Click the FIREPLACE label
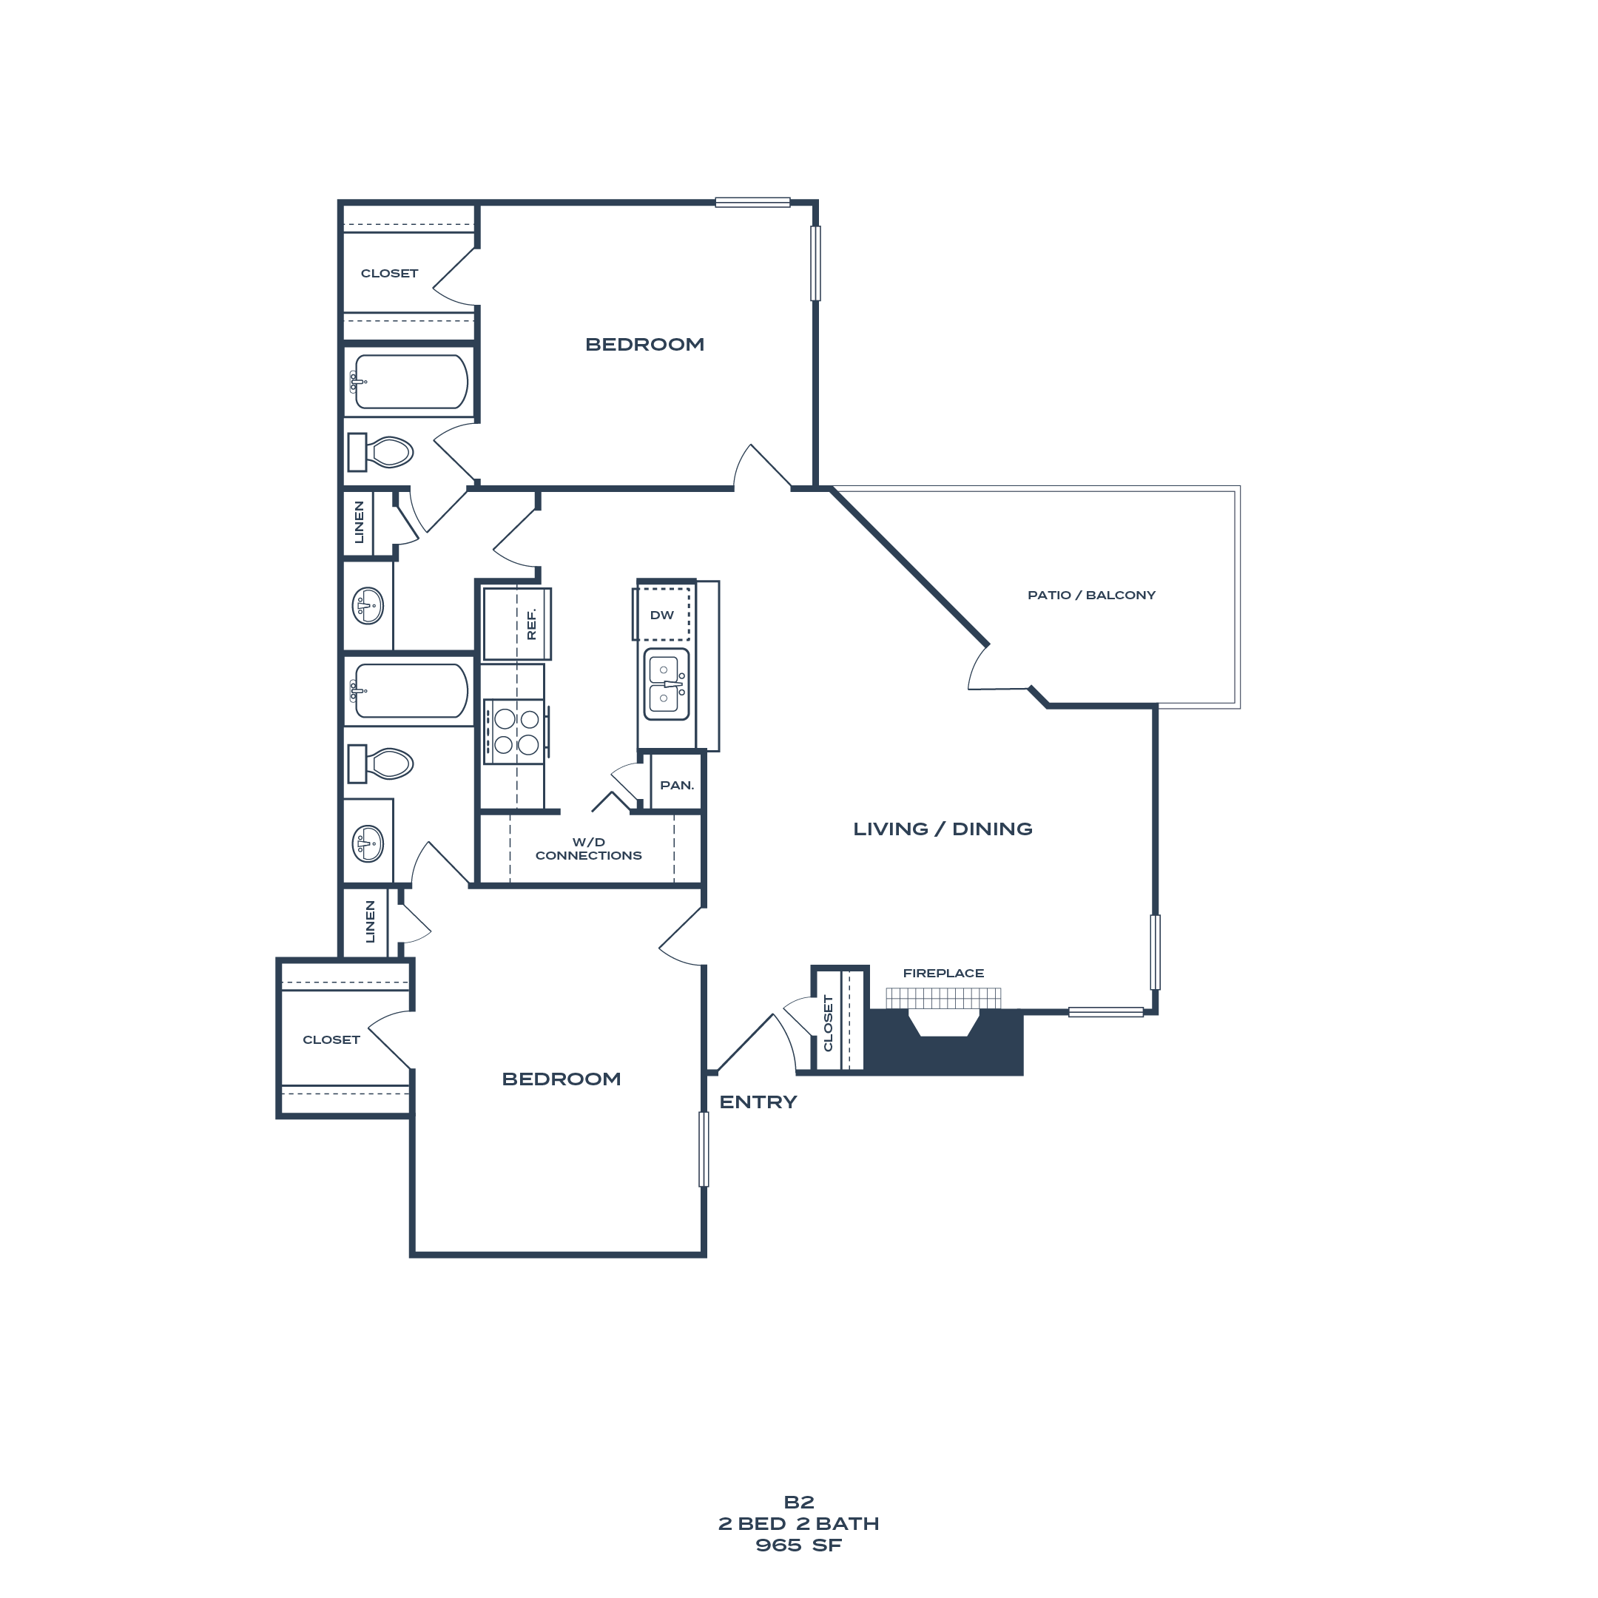pos(943,974)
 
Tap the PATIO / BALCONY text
pos(1091,596)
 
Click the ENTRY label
pos(758,1102)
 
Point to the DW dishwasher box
pos(661,615)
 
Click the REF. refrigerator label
pos(531,624)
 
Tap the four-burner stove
pos(514,732)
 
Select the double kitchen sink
pos(666,684)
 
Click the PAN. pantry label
pos(677,785)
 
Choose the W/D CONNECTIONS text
pos(588,849)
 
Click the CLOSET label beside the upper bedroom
pos(388,273)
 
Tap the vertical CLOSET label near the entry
pos(828,1023)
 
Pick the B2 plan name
pos(799,1502)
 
